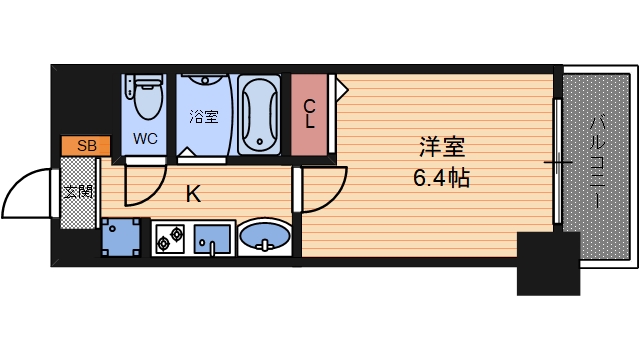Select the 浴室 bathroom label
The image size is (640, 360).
point(203,116)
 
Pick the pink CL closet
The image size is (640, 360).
point(310,114)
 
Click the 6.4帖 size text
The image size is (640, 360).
point(442,180)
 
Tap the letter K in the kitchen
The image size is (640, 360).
point(193,194)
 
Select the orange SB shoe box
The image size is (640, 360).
point(87,146)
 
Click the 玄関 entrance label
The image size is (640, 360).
point(78,191)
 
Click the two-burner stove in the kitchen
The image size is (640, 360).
point(169,238)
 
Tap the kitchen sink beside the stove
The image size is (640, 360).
point(212,239)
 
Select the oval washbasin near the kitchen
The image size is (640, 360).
point(266,238)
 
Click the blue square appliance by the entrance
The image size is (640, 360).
point(121,237)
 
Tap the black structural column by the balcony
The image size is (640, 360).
point(548,262)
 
